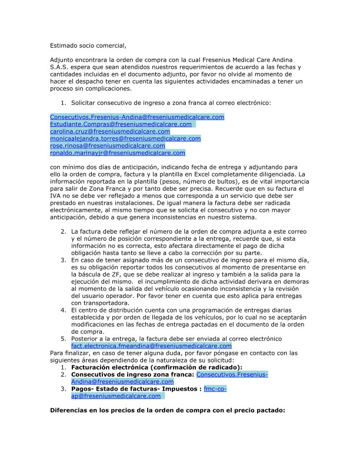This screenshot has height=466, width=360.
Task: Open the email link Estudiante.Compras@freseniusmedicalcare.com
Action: tap(121, 124)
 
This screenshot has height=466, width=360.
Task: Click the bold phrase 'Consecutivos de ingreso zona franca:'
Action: tap(132, 374)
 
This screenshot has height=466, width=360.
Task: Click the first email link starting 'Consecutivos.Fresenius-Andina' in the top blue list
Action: tap(137, 117)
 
